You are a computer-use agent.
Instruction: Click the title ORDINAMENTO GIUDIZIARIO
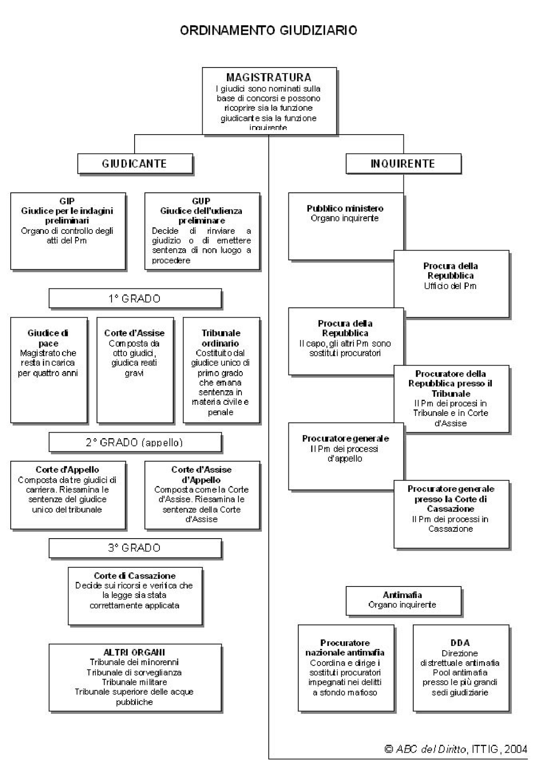(x=268, y=30)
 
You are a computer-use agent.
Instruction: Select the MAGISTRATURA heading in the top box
(x=268, y=77)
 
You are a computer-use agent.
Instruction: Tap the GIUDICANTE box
(x=135, y=164)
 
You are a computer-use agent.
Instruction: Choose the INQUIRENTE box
(x=403, y=164)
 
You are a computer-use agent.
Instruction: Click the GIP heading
(x=67, y=200)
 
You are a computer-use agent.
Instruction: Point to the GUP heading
(x=201, y=200)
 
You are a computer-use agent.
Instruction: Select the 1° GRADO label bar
(x=135, y=298)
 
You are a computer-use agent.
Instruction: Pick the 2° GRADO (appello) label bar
(x=135, y=442)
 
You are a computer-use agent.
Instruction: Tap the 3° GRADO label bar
(x=135, y=548)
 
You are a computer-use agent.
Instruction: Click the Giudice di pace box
(x=48, y=370)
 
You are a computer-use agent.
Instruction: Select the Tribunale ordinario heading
(x=221, y=338)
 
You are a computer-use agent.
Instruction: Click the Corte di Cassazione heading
(x=135, y=575)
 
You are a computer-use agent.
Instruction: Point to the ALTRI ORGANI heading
(x=134, y=652)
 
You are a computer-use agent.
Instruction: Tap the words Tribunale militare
(x=134, y=682)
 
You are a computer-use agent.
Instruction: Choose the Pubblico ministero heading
(x=345, y=208)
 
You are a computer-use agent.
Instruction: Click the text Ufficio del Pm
(x=450, y=286)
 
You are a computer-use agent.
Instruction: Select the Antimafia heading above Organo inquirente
(x=402, y=595)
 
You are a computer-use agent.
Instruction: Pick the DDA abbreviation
(x=460, y=643)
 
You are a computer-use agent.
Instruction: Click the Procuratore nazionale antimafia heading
(x=345, y=648)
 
